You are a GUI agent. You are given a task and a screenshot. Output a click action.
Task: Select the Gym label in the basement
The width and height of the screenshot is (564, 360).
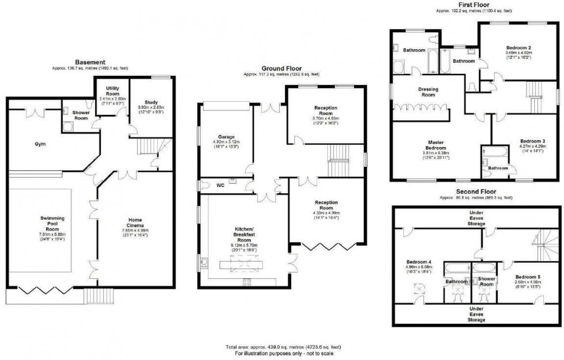coord(39,144)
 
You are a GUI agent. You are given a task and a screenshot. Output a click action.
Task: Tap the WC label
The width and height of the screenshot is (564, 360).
coord(220,186)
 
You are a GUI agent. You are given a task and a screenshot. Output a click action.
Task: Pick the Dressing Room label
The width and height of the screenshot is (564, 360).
coord(428,92)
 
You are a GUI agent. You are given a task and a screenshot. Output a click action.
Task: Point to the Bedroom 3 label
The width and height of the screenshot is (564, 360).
coord(532,141)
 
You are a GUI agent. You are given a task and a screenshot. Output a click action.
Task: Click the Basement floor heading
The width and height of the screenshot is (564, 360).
coord(90,62)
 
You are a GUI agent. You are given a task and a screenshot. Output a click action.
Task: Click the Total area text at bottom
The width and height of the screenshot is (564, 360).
coord(283,347)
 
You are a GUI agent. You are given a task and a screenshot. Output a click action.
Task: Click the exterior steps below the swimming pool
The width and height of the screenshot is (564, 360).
coord(92,296)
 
